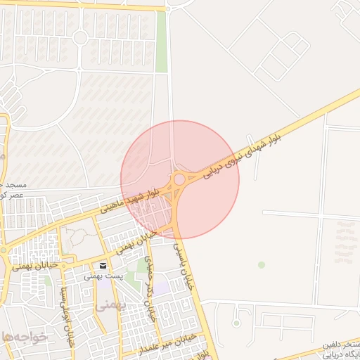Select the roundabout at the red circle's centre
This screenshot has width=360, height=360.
tap(179, 179)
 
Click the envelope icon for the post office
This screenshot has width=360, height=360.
tap(103, 266)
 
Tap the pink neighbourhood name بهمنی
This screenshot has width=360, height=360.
tap(110, 305)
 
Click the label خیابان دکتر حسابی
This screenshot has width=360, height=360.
tap(150, 289)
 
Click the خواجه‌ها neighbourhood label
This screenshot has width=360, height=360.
tap(24, 337)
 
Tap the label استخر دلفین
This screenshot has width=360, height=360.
tap(342, 345)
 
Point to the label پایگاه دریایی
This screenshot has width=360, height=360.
tap(342, 355)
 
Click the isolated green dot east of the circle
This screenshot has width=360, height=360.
tap(262, 264)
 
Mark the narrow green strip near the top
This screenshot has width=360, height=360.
tap(162, 32)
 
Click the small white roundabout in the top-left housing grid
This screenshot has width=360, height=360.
tap(80, 37)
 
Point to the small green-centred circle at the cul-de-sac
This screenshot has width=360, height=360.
tap(236, 323)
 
